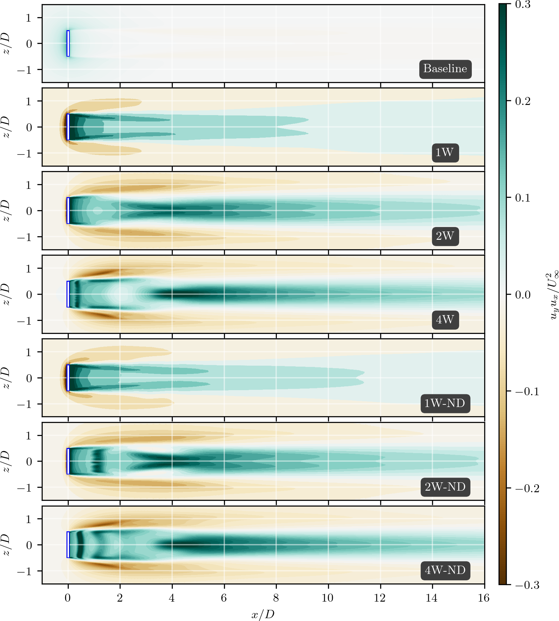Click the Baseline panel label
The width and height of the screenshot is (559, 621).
(x=445, y=69)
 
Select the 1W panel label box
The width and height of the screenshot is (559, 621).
(x=445, y=153)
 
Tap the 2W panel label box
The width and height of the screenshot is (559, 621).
(x=445, y=236)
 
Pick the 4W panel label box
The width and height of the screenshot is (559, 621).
(x=445, y=320)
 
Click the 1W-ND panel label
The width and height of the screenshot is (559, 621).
(x=445, y=404)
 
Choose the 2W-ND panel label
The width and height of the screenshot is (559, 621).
(x=445, y=487)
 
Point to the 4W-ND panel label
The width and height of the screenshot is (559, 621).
(x=445, y=570)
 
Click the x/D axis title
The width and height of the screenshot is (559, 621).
(x=263, y=614)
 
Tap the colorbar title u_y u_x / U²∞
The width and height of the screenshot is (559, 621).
(x=553, y=295)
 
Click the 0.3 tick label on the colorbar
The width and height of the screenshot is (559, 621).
(x=523, y=5)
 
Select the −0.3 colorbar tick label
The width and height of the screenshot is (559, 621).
(x=527, y=585)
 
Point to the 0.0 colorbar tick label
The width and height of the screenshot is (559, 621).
(x=523, y=295)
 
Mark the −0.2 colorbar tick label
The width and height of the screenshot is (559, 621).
(x=527, y=488)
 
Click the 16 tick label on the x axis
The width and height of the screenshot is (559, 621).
(x=484, y=598)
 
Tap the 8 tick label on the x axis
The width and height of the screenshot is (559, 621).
(x=276, y=598)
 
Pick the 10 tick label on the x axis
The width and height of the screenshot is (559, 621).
(x=328, y=598)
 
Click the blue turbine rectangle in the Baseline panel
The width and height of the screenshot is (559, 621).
(x=68, y=44)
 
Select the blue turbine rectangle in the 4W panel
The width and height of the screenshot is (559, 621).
(x=68, y=294)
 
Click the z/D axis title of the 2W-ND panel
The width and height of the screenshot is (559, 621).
(x=7, y=461)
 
